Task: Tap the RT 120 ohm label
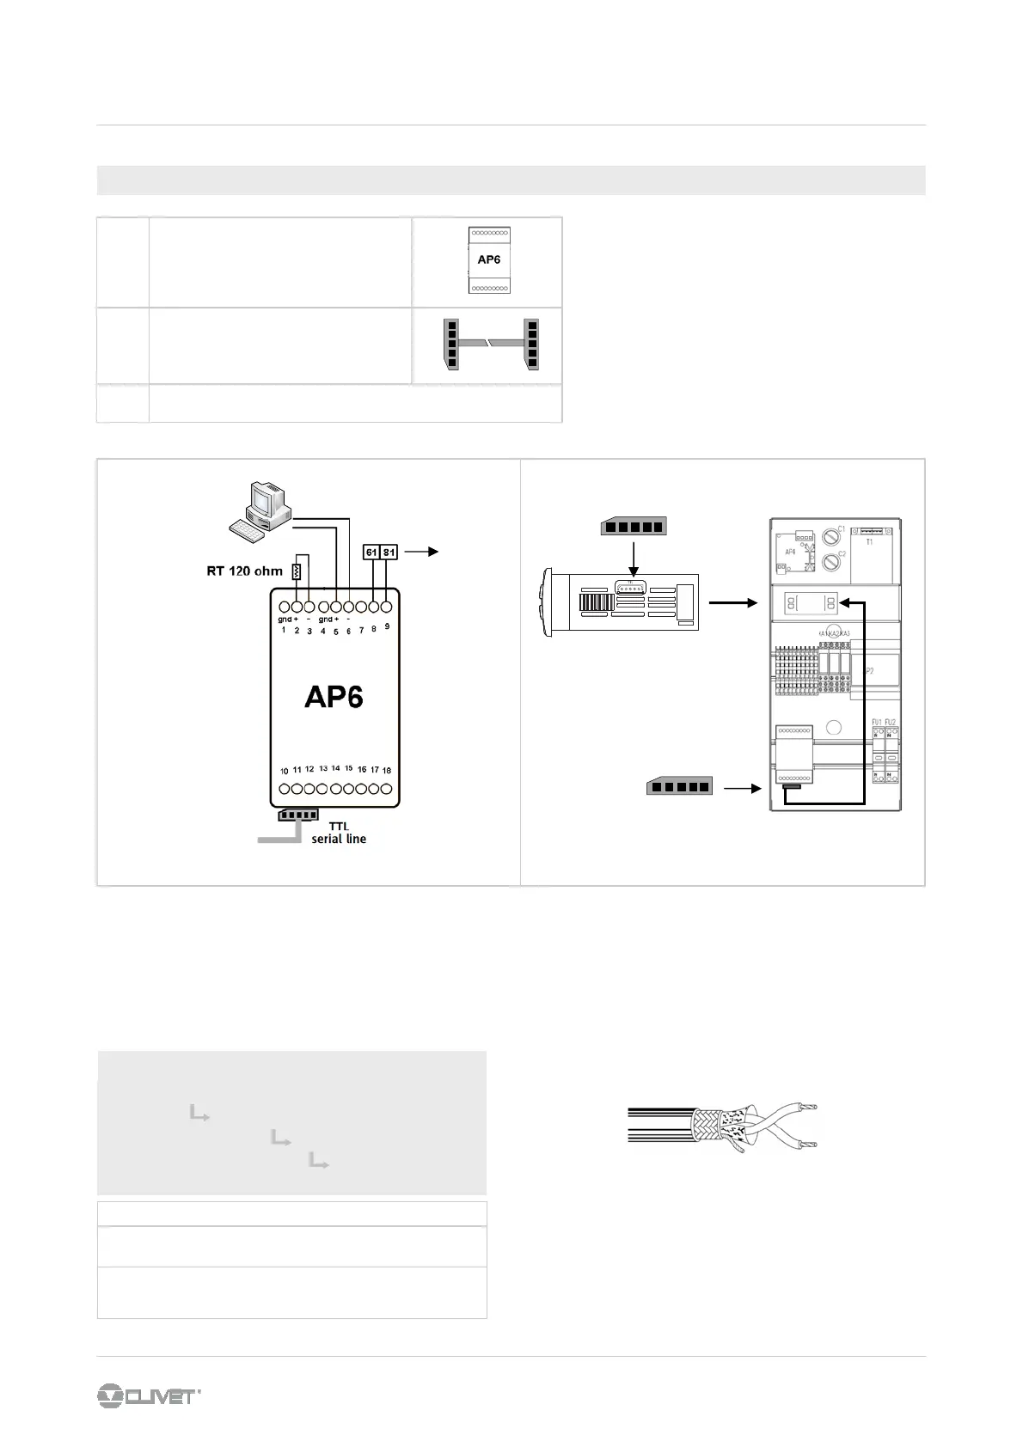click(244, 571)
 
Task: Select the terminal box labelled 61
click(371, 553)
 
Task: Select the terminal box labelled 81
click(389, 553)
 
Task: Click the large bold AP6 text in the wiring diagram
click(334, 696)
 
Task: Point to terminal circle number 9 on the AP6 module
click(387, 607)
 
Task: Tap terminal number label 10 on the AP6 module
click(284, 771)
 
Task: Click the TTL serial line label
click(339, 833)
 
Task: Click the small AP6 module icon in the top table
click(488, 259)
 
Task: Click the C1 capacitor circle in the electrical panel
click(832, 537)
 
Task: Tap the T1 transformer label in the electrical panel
click(869, 542)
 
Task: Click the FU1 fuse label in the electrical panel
click(877, 722)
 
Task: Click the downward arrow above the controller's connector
click(632, 559)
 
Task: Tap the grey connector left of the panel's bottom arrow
click(678, 786)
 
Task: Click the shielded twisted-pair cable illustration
click(722, 1125)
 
